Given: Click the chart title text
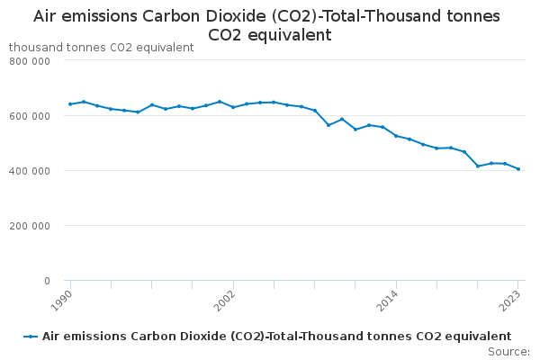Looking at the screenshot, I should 270,25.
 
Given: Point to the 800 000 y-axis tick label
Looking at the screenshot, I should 30,60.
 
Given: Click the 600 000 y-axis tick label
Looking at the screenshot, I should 30,116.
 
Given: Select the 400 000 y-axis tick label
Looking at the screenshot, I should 30,171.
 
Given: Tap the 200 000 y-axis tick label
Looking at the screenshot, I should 30,226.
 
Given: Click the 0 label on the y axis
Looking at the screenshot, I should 46,281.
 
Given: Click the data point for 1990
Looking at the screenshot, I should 70,104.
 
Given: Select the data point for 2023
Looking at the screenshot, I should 518,169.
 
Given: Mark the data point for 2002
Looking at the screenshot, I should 233,107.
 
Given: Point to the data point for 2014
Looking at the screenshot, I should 396,136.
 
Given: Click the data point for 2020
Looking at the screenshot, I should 478,166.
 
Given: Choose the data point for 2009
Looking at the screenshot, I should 328,125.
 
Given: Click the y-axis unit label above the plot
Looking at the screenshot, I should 101,47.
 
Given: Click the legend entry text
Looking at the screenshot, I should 276,337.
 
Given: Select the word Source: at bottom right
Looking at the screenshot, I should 508,351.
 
